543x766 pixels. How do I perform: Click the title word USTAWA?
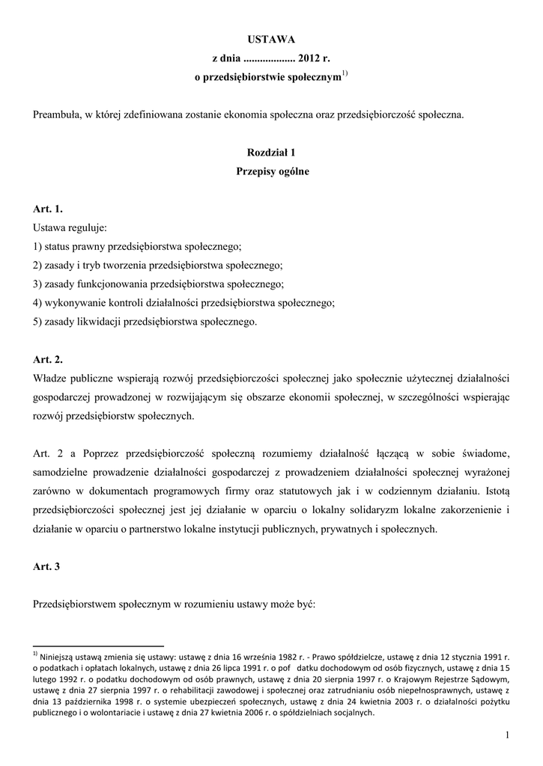[x=272, y=39]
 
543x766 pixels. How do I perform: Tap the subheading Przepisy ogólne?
[x=272, y=171]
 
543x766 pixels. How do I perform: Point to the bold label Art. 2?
[x=47, y=360]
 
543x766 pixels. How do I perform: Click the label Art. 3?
[x=46, y=566]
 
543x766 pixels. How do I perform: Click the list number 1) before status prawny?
[x=37, y=246]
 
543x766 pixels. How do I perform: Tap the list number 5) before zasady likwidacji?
[x=37, y=322]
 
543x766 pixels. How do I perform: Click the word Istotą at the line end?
[x=492, y=491]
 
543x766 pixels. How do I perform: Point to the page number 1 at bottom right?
[x=507, y=737]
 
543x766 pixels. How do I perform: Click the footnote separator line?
[x=98, y=645]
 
